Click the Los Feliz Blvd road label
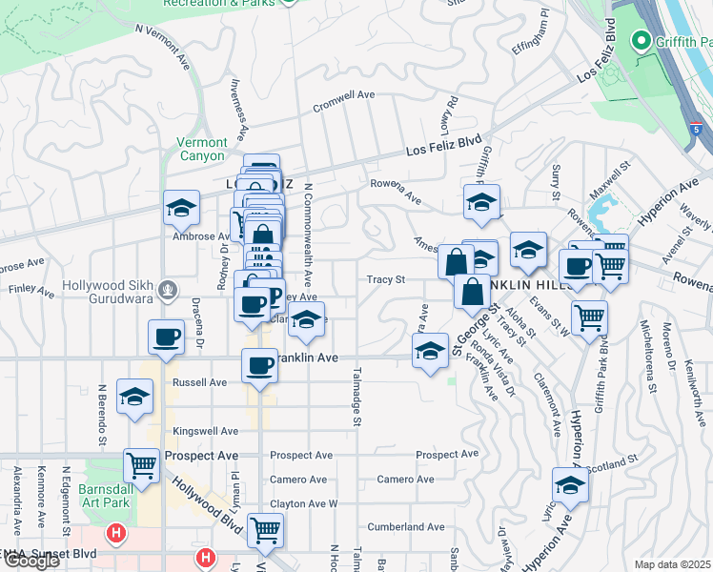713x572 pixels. coord(443,146)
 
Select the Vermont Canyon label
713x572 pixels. coord(201,150)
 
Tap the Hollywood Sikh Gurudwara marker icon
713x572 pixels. coord(167,287)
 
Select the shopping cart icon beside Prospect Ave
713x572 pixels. coord(142,466)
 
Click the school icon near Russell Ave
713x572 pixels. coord(134,397)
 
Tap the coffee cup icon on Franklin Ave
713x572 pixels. coord(258,366)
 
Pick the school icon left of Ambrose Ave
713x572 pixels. coord(181,209)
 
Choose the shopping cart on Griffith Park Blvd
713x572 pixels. coord(590,317)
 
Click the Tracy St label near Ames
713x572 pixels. coord(387,280)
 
